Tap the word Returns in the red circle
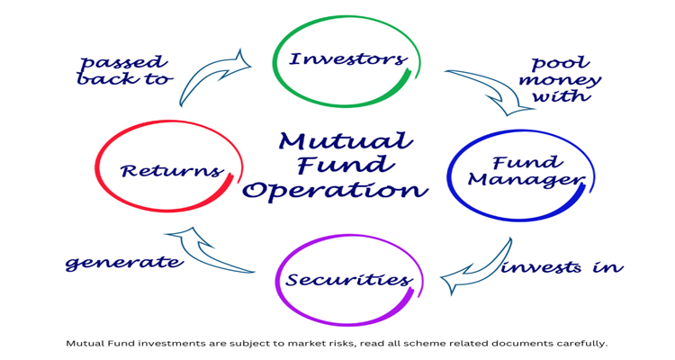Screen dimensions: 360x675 coord(172,169)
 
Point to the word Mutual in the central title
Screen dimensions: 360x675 coord(346,141)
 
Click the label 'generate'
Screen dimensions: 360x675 coord(124,263)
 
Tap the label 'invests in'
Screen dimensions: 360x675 coord(562,267)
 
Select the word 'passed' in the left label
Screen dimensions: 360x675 coord(123,63)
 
